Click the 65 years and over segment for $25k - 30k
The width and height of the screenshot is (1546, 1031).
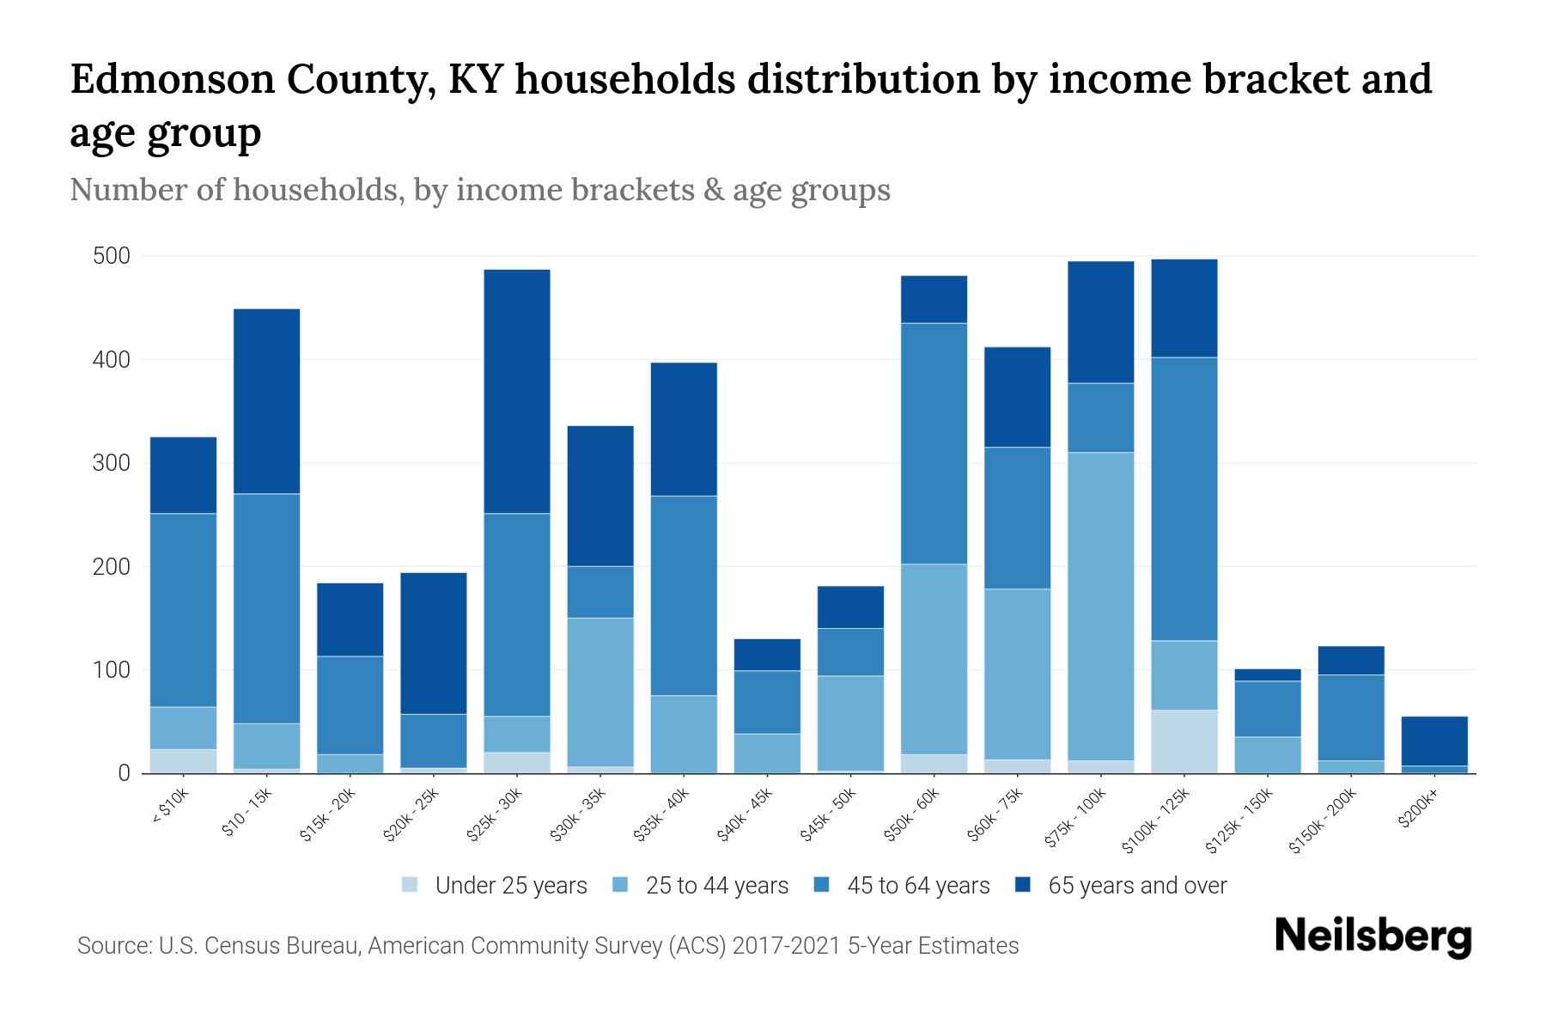tap(517, 391)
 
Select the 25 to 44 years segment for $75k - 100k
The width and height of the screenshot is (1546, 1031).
tap(1100, 606)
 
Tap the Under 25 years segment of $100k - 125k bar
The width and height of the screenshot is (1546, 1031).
tap(1184, 741)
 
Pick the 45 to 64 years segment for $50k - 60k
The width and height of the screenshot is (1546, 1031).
tap(934, 443)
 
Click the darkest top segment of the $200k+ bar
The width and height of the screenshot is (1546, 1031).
tap(1434, 741)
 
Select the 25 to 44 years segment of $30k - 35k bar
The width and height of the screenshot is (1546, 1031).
tap(600, 692)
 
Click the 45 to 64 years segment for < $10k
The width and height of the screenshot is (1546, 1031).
tap(183, 610)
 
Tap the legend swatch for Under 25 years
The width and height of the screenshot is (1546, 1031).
tap(411, 885)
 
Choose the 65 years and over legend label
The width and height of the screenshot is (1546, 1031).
tap(1137, 886)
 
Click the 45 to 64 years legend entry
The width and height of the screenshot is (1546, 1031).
tap(917, 886)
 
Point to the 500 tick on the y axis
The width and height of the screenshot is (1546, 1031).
tap(112, 257)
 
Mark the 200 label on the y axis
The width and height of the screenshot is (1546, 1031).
tap(112, 567)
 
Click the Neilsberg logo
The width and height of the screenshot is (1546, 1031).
tap(1373, 936)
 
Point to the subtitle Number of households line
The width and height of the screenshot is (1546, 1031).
tap(479, 190)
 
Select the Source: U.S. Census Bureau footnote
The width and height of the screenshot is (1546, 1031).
tap(548, 946)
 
